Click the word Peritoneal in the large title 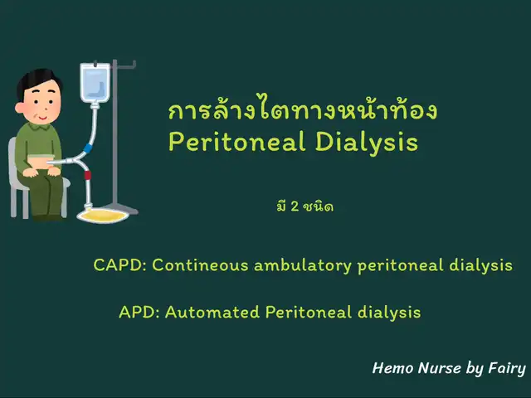pos(237,142)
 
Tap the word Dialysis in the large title pos(367,142)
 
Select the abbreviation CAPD pos(118,265)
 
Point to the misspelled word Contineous pos(201,265)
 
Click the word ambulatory pos(303,265)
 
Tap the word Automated pos(212,312)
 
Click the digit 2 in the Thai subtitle pos(295,206)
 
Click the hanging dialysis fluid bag pos(95,82)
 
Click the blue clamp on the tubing pos(88,148)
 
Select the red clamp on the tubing pos(88,175)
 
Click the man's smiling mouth pos(43,118)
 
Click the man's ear pos(20,108)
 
